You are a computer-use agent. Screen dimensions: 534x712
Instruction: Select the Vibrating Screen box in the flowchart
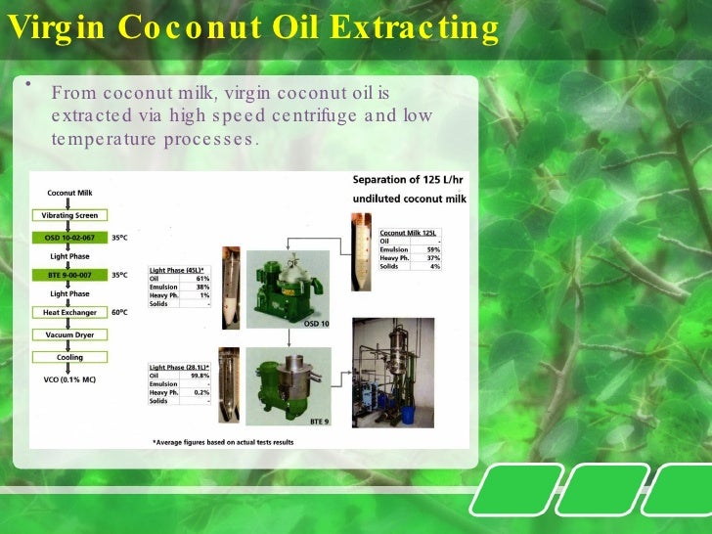click(x=70, y=214)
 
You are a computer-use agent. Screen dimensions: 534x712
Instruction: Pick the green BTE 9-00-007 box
click(x=70, y=275)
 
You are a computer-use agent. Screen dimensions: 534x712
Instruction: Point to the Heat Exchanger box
click(x=70, y=312)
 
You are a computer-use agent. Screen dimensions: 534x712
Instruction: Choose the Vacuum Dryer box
click(x=70, y=334)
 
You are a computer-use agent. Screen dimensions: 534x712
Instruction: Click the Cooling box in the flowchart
click(x=70, y=357)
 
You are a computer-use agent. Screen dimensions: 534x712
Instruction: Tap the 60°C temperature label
click(x=119, y=312)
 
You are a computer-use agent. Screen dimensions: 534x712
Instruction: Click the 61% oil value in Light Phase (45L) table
click(x=202, y=278)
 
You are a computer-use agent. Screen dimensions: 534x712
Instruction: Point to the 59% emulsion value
click(x=433, y=249)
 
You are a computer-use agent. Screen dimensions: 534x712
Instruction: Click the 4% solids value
click(x=435, y=266)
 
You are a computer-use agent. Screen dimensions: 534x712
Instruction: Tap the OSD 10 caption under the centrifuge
click(x=317, y=324)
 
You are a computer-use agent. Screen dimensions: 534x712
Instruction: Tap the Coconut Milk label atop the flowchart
click(x=70, y=193)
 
